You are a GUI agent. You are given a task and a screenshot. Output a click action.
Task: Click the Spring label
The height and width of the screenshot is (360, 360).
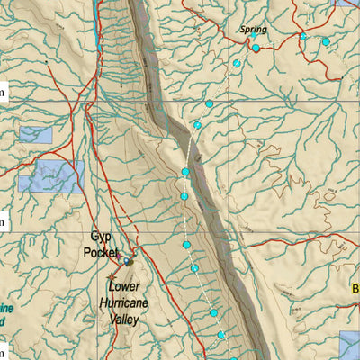click(253, 30)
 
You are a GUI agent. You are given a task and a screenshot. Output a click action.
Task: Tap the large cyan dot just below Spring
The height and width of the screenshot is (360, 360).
click(256, 48)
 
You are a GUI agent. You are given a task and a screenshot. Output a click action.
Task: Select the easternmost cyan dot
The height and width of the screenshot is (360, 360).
click(326, 41)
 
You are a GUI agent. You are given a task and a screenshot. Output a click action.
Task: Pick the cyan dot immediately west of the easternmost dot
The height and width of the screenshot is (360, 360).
click(303, 37)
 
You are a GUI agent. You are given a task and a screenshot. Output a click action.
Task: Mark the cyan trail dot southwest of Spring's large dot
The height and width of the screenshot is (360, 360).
click(237, 64)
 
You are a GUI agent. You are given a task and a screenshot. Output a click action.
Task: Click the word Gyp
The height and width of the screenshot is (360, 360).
click(101, 238)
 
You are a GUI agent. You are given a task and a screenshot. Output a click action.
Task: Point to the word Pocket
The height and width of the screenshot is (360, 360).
click(100, 253)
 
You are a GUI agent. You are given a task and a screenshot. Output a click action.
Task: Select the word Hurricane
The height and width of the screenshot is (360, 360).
click(126, 303)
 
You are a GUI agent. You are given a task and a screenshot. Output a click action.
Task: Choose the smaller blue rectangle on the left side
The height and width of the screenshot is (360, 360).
click(35, 135)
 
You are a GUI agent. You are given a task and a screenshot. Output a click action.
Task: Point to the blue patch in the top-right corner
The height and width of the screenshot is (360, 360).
click(347, 3)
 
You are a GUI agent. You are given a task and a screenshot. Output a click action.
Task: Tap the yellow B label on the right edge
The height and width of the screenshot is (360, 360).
click(355, 289)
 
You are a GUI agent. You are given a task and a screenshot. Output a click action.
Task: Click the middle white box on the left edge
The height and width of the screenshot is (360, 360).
click(3, 220)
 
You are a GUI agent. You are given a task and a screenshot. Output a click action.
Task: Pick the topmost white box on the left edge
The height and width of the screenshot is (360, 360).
click(3, 90)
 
